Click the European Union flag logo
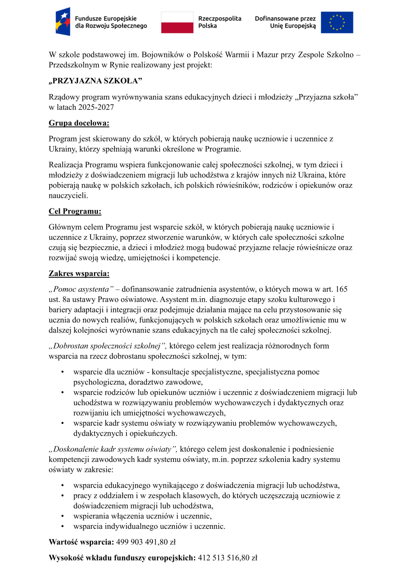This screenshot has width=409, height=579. (337, 23)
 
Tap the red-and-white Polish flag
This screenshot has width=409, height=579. (177, 23)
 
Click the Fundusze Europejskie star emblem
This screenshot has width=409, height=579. (63, 22)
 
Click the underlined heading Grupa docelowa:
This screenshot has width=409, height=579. (79, 123)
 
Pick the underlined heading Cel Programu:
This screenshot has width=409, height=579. (75, 211)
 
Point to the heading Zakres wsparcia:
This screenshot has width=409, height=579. (79, 274)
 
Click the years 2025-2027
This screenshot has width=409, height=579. (96, 107)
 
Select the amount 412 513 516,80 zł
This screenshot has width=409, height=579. (228, 558)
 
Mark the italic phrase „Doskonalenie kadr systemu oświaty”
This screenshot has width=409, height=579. (113, 449)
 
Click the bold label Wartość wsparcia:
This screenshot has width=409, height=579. (81, 541)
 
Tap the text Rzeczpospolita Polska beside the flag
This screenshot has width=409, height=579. (220, 22)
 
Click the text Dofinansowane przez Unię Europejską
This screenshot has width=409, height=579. (285, 22)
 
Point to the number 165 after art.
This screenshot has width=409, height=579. (342, 289)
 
